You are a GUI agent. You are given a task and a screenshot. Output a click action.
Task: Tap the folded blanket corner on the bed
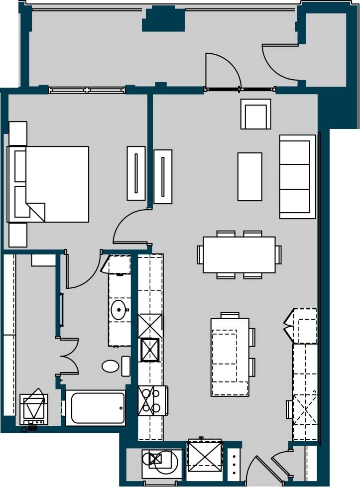(36, 212)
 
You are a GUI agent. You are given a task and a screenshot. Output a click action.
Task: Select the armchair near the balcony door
(255, 114)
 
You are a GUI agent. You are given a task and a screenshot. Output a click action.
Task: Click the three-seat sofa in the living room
(297, 176)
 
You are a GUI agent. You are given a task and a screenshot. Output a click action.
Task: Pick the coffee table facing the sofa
(249, 176)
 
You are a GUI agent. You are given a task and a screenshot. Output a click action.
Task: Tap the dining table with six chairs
(239, 254)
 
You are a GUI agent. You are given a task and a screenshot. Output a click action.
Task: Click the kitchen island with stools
(230, 357)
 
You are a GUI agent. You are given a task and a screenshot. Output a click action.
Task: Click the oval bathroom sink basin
(119, 310)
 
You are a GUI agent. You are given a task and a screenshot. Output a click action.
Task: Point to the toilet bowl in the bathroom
(111, 366)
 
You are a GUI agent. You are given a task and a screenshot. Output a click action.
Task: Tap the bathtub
(95, 408)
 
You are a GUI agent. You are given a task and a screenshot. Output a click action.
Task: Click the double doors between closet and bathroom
(70, 356)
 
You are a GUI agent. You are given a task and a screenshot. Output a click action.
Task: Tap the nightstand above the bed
(18, 133)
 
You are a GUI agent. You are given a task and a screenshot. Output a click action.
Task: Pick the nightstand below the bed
(18, 235)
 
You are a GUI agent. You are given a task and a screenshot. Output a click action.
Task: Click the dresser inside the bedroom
(136, 173)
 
